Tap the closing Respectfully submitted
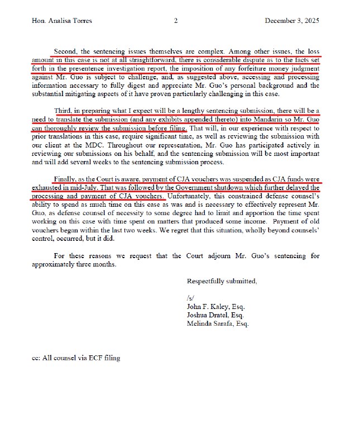click(222, 281)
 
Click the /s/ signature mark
click(191, 298)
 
